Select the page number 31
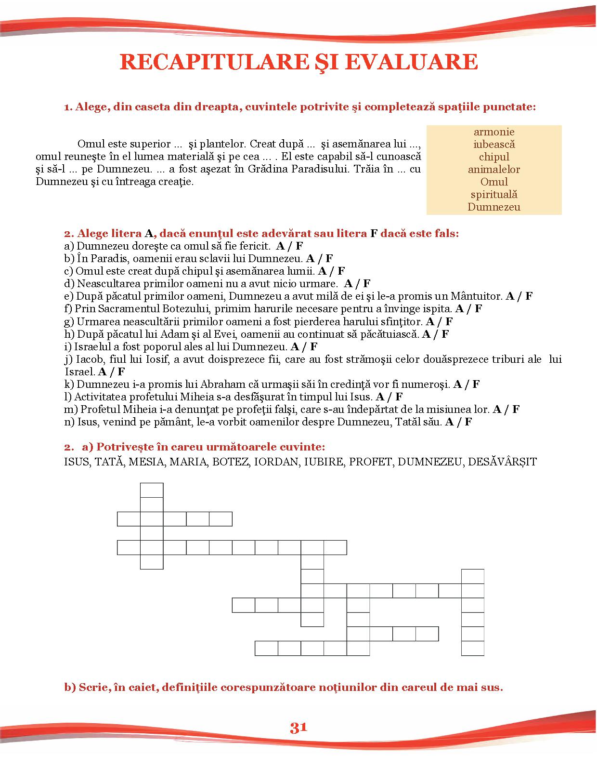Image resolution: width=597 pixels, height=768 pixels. [298, 728]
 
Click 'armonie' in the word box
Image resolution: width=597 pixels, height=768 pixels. [494, 132]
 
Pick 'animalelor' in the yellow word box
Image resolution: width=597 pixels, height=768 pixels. [494, 170]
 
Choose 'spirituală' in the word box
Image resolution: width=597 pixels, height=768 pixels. [494, 195]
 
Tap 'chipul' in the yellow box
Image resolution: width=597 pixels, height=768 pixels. [494, 157]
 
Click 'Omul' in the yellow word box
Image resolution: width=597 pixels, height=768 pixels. [494, 182]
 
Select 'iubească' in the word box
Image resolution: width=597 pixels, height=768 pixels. [494, 145]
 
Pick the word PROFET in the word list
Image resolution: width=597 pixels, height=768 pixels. [370, 462]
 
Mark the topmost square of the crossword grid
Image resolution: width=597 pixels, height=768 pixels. [152, 490]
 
